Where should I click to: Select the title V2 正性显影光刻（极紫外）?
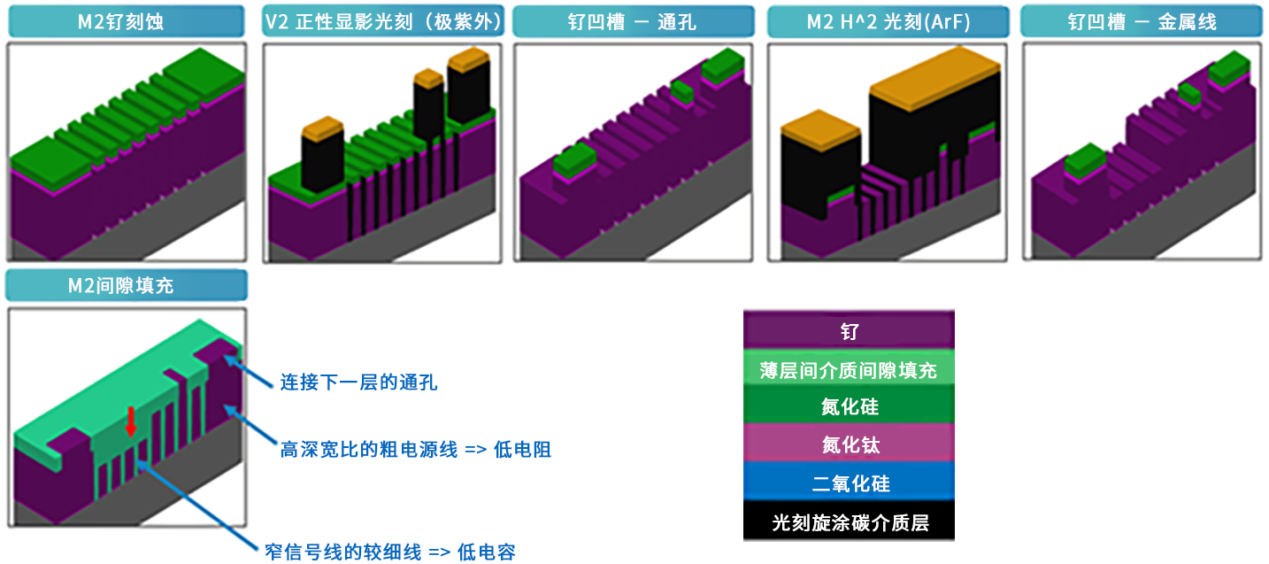pyautogui.click(x=383, y=22)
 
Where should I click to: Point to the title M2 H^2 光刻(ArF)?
pyautogui.click(x=888, y=22)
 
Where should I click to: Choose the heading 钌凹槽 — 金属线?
pyautogui.click(x=1142, y=22)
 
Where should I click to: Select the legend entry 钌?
pyautogui.click(x=849, y=333)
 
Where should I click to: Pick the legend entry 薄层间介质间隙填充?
pyautogui.click(x=849, y=370)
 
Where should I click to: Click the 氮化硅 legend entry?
pyautogui.click(x=849, y=408)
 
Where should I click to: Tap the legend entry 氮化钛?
pyautogui.click(x=849, y=446)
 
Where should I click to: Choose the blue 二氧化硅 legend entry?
pyautogui.click(x=849, y=484)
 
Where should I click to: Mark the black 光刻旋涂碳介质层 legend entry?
pyautogui.click(x=849, y=522)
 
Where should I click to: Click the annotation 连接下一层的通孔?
pyautogui.click(x=358, y=383)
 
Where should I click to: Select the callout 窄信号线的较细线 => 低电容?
pyautogui.click(x=389, y=552)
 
